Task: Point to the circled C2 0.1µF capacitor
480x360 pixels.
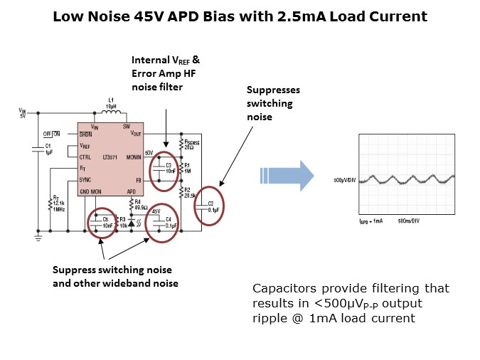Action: click(x=210, y=204)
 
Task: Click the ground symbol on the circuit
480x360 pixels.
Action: click(x=37, y=240)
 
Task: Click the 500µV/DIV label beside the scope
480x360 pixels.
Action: click(x=346, y=181)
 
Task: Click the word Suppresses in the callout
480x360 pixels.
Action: click(x=273, y=90)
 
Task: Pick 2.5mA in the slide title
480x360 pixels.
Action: click(x=310, y=16)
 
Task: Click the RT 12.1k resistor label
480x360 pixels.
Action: click(x=58, y=200)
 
